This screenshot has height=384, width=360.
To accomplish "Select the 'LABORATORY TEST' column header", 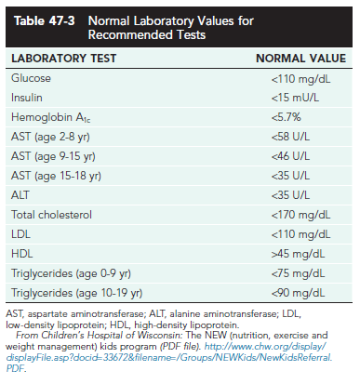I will tap(57, 59).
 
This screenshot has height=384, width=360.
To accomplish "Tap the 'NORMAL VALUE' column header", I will tap(295, 59).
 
